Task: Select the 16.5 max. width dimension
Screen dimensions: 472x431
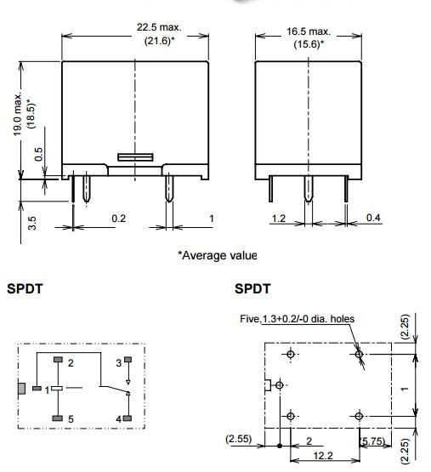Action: [309, 31]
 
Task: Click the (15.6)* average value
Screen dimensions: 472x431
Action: [309, 43]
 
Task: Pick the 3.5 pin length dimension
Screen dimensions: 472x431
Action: [31, 224]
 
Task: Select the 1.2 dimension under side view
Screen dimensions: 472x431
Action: [278, 219]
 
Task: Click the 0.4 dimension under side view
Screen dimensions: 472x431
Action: [373, 219]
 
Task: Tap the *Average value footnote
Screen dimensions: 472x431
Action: [217, 255]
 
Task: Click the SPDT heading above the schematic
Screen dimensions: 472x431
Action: [25, 288]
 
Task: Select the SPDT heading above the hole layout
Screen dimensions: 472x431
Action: [252, 288]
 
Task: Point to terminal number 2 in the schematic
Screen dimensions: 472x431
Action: [71, 362]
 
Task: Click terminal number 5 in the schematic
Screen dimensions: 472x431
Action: [71, 418]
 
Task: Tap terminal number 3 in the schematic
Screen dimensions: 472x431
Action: [118, 362]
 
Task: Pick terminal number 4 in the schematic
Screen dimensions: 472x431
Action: [118, 418]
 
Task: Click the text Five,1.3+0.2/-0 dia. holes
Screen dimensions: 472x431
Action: [298, 319]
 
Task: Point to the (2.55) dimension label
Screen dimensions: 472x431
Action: [239, 440]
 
